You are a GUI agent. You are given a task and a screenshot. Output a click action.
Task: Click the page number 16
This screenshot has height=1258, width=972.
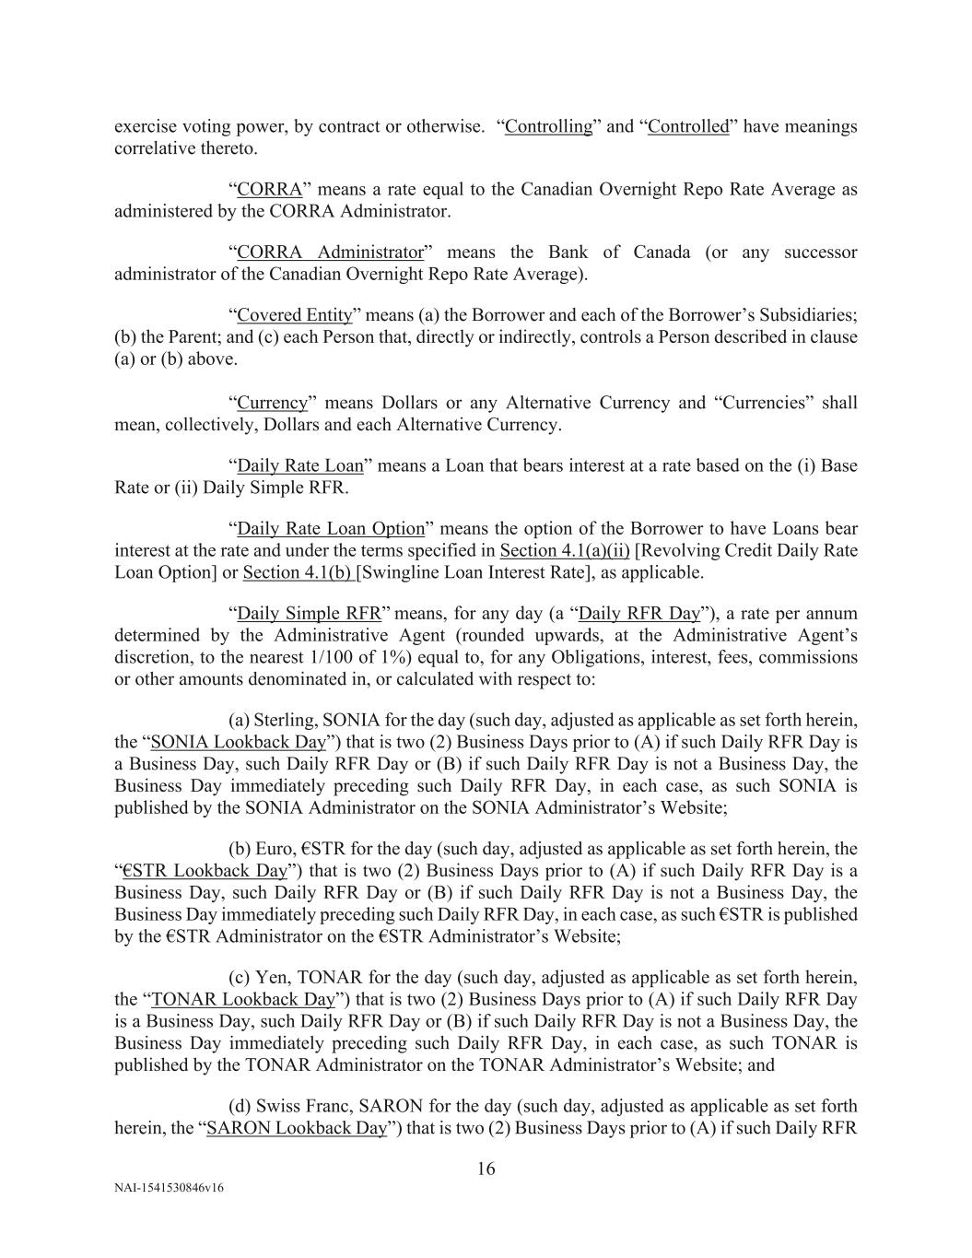click(486, 1170)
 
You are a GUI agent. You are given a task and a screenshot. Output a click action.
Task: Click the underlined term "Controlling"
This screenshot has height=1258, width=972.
click(548, 126)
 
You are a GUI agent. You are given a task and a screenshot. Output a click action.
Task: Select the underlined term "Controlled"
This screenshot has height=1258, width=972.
click(688, 126)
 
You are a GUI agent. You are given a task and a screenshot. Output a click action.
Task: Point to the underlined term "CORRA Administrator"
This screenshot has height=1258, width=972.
click(330, 253)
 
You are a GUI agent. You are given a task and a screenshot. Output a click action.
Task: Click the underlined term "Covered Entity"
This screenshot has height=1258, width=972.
click(294, 315)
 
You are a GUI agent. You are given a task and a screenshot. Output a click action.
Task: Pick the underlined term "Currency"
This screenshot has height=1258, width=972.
click(272, 403)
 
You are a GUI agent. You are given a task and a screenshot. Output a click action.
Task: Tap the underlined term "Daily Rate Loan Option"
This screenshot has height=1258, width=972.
click(331, 529)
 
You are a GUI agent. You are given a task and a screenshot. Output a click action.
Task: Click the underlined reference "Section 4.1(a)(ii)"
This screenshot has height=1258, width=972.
click(564, 551)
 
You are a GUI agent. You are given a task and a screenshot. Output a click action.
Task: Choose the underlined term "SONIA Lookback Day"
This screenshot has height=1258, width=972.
click(238, 742)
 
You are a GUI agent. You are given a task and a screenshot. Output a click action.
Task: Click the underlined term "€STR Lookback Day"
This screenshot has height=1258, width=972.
click(205, 871)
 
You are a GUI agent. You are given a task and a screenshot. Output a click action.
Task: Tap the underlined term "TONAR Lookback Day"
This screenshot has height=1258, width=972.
click(240, 999)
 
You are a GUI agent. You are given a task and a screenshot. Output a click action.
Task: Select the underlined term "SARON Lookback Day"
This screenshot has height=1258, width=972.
click(296, 1128)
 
